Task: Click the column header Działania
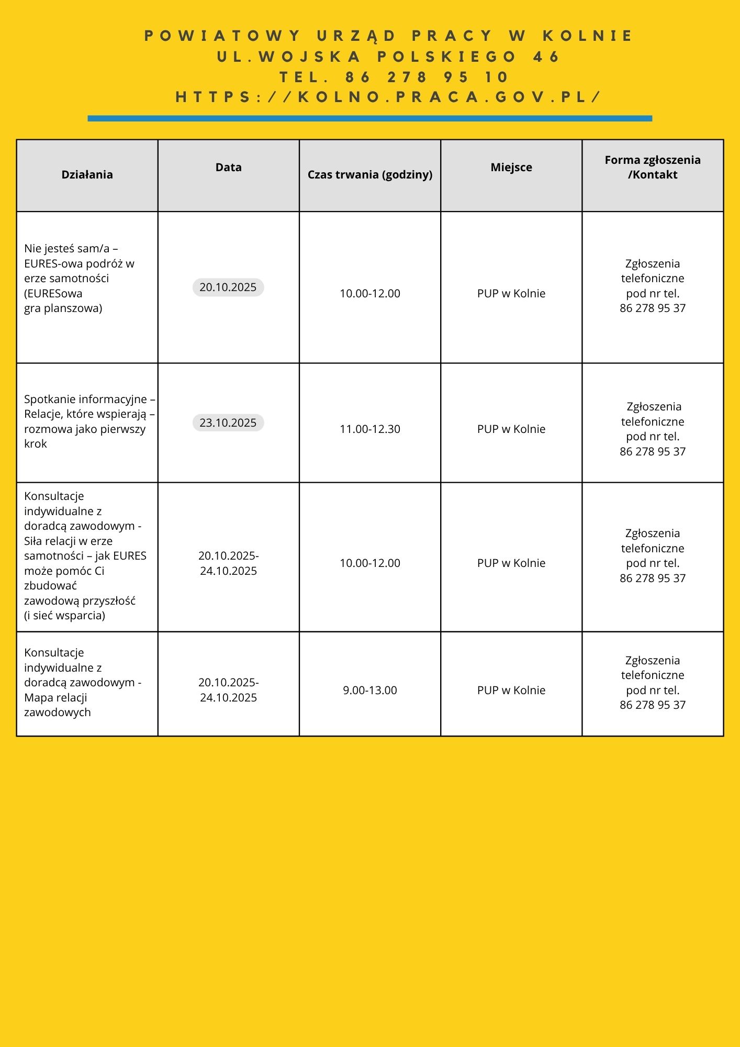coord(87,175)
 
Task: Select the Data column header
coord(228,168)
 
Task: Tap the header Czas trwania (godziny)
coord(369,175)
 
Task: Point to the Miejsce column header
coord(511,168)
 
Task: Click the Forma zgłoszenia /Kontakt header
coord(652,168)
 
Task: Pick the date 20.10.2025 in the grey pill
coord(228,287)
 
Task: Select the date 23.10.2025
coord(228,423)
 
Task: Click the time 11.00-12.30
coord(369,429)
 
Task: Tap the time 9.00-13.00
coord(369,690)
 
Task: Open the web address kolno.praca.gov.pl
coord(388,97)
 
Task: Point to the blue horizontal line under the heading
coord(369,119)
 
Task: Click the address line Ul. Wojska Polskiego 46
coord(388,57)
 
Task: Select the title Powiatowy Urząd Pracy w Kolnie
coord(388,36)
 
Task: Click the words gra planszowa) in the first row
coord(63,308)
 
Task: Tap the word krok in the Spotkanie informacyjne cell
coord(36,444)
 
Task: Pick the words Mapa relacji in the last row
coord(55,698)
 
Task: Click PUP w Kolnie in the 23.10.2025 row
coord(511,429)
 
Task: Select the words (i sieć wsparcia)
coord(64,616)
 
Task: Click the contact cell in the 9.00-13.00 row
coord(652,683)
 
